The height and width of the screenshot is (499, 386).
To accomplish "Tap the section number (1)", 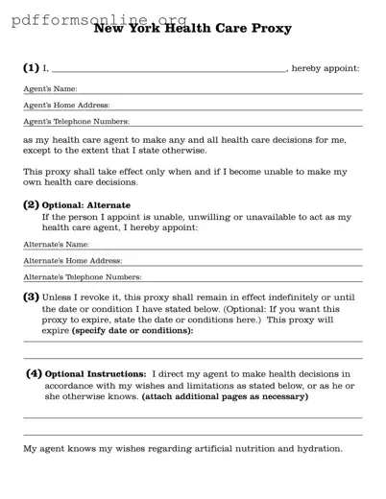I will tap(31, 68).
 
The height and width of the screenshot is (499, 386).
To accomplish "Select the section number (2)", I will tap(31, 204).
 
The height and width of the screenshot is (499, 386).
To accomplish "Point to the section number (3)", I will tap(31, 297).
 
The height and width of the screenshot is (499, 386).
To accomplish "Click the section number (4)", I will tap(34, 372).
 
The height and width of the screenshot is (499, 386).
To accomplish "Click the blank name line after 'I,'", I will tap(168, 69).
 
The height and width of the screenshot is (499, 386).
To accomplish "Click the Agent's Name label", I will tap(50, 89).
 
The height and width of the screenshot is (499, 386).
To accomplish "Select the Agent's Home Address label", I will tap(66, 106).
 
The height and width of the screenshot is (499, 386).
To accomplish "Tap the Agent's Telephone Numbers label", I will tap(76, 122).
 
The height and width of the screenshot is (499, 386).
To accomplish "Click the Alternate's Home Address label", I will tap(72, 261).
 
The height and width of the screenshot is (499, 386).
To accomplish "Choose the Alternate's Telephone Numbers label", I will tap(82, 276).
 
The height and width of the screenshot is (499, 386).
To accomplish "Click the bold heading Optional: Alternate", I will tap(86, 205).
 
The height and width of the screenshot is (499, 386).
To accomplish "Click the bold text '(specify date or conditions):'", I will tap(132, 331).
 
